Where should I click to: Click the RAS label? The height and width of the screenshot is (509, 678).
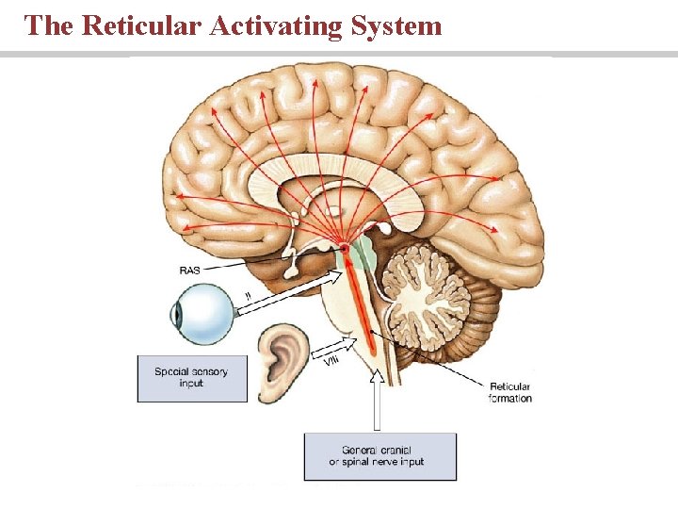click(x=189, y=270)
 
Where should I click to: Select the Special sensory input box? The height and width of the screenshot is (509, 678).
click(x=192, y=378)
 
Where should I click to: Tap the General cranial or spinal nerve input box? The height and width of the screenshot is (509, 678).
click(x=379, y=455)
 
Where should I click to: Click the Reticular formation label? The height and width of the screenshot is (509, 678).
click(x=509, y=392)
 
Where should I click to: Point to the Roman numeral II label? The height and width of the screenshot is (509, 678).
click(x=248, y=295)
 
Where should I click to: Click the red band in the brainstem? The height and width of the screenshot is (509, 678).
click(x=363, y=302)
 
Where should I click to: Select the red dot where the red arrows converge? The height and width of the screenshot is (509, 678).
click(x=346, y=248)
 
